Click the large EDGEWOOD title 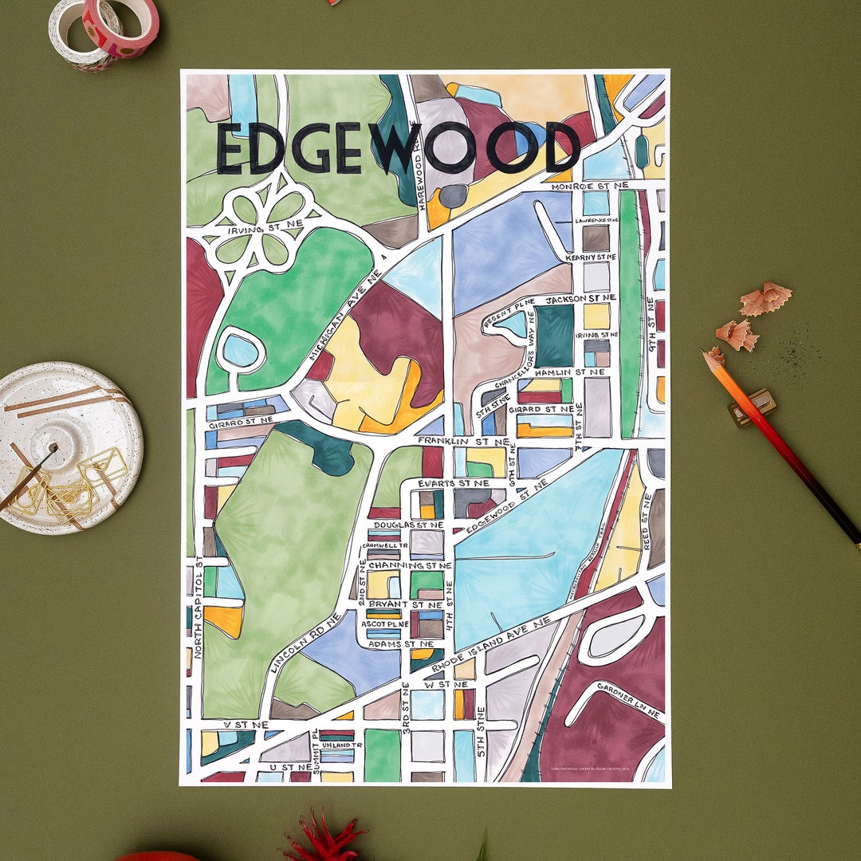pyautogui.click(x=397, y=149)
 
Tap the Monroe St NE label pyautogui.click(x=589, y=186)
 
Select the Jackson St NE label pyautogui.click(x=580, y=298)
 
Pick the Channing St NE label pyautogui.click(x=410, y=565)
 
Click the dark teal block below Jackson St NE pyautogui.click(x=553, y=336)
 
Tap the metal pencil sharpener pyautogui.click(x=752, y=407)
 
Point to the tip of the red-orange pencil pyautogui.click(x=707, y=354)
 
